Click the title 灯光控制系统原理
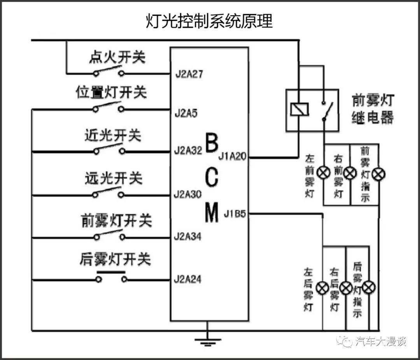point(209,21)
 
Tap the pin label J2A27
point(189,74)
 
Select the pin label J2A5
point(186,114)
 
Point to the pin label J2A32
point(189,151)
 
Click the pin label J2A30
point(189,193)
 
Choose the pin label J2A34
point(189,236)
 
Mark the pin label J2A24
point(189,279)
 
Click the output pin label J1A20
point(232,157)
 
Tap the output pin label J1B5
point(234,214)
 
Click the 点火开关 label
point(117,58)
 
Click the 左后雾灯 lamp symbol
point(322,288)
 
